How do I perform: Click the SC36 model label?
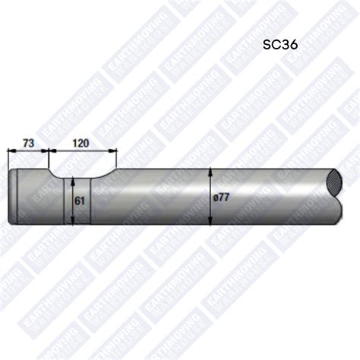(280, 44)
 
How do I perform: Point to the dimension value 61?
(79, 201)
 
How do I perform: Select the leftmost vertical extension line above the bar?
(8, 159)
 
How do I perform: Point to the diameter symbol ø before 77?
(217, 197)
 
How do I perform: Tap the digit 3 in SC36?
(283, 44)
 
